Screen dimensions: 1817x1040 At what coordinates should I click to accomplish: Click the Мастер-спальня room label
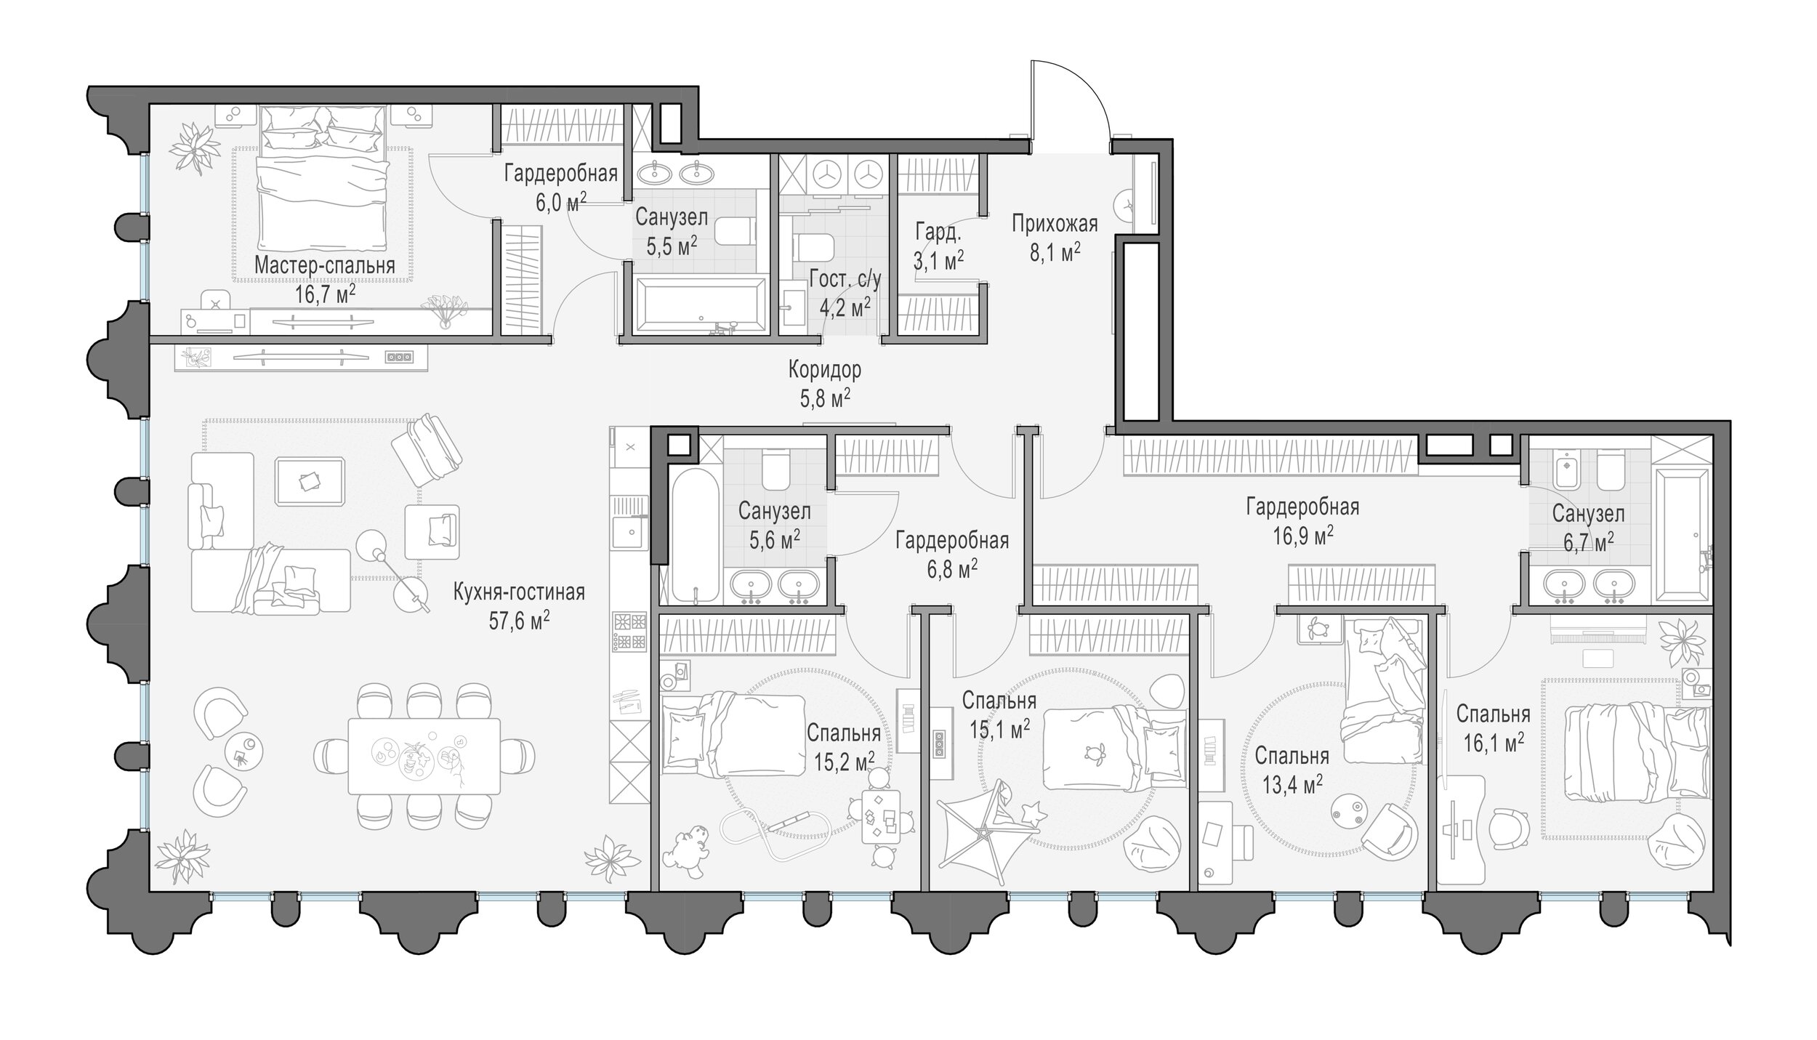point(324,266)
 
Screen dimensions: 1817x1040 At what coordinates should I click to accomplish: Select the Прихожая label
point(1055,224)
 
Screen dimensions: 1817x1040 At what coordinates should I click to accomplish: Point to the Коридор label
point(825,370)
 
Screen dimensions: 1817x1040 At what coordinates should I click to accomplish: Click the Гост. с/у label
point(845,280)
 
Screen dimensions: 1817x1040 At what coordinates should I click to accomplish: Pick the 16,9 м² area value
point(1302,535)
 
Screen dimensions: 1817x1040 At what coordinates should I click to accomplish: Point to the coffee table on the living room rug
point(310,481)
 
